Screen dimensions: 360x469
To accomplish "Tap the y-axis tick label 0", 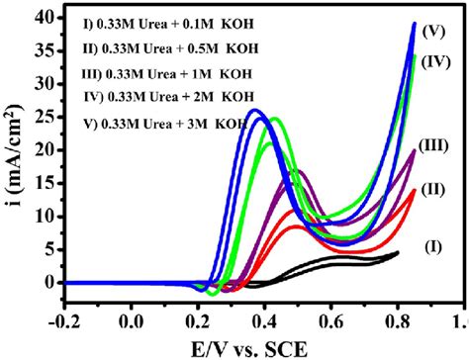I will click(46, 282).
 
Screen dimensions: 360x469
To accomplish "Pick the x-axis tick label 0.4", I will click(264, 322).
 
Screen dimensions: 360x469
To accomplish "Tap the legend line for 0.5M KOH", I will click(163, 47).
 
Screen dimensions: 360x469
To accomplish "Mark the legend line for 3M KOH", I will click(164, 125).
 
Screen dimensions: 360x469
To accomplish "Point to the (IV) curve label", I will click(436, 61).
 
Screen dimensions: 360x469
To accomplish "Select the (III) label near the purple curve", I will click(436, 145).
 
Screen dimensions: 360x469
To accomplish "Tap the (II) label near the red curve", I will click(432, 188).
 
